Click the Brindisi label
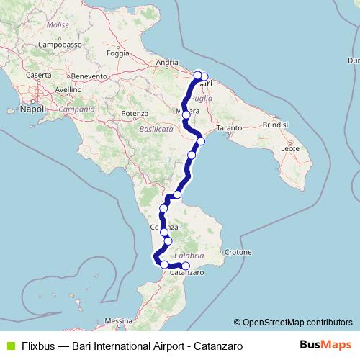[x=275, y=125]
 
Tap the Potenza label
[x=134, y=114]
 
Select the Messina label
[x=118, y=320]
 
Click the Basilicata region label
[x=156, y=128]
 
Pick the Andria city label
[x=166, y=63]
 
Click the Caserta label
[x=38, y=75]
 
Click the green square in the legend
[x=9, y=346]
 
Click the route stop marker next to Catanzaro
[x=186, y=266]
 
